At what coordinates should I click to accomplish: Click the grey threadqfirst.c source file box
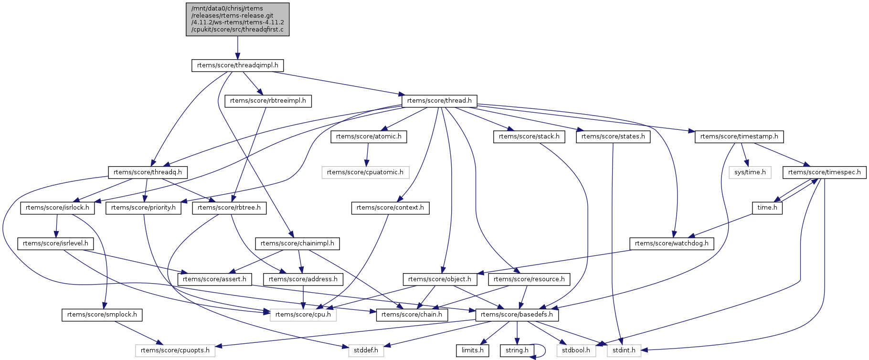[x=237, y=19]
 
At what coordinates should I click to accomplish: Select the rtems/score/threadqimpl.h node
[x=237, y=65]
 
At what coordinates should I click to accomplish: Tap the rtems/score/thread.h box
[x=439, y=101]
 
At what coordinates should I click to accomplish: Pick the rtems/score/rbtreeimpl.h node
[x=268, y=101]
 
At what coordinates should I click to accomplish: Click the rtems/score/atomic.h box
[x=369, y=137]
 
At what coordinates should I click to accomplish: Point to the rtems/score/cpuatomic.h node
[x=365, y=172]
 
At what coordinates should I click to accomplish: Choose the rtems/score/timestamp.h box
[x=739, y=137]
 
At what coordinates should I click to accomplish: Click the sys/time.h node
[x=750, y=172]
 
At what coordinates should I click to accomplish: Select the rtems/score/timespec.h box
[x=824, y=172]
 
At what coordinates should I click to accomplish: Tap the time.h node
[x=767, y=208]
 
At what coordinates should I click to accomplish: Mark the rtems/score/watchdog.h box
[x=672, y=244]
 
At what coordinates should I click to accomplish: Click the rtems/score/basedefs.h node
[x=517, y=315]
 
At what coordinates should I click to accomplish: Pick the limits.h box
[x=472, y=350]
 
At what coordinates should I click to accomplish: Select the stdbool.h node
[x=576, y=350]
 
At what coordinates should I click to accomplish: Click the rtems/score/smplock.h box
[x=102, y=315]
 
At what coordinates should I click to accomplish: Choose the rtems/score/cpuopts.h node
[x=175, y=350]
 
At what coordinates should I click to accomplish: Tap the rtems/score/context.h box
[x=390, y=208]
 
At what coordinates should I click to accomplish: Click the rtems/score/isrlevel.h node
[x=55, y=244]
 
